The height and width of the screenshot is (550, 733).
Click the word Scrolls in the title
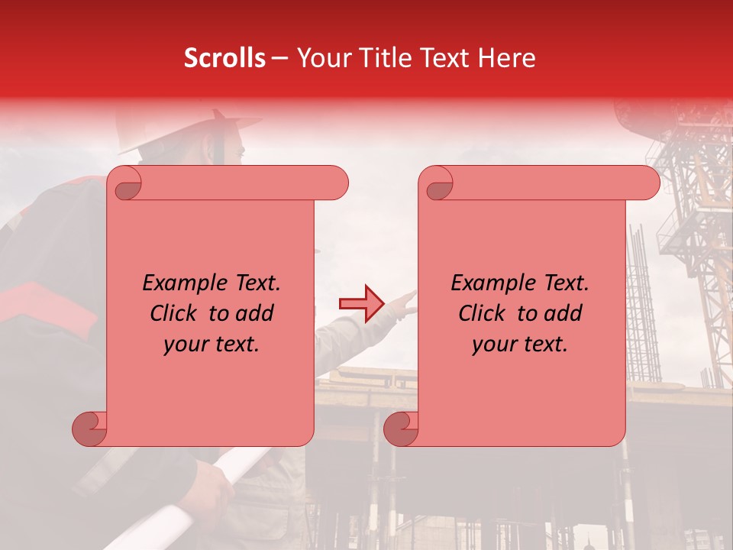225,58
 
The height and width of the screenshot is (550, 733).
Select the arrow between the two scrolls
360,304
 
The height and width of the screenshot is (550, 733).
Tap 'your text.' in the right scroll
520,344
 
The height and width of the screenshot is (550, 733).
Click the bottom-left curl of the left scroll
89,429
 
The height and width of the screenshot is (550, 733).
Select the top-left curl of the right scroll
438,183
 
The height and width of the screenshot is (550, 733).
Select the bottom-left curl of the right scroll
401,429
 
